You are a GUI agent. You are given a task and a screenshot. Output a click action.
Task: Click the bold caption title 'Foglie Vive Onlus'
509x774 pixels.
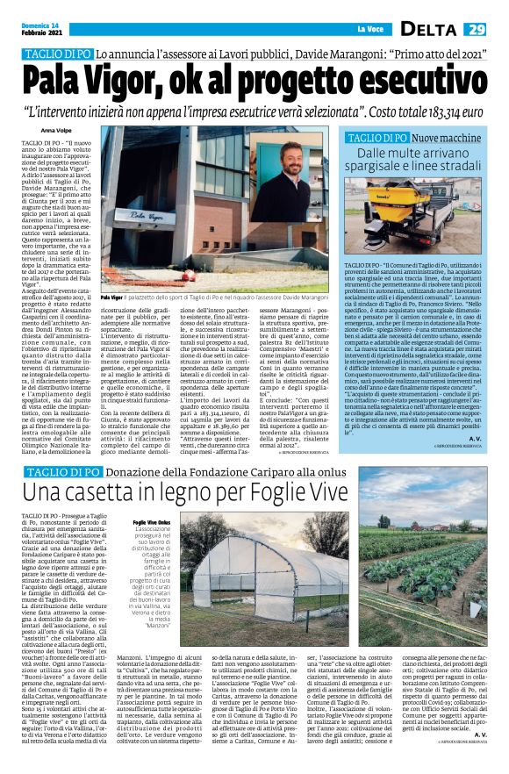[151, 523]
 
